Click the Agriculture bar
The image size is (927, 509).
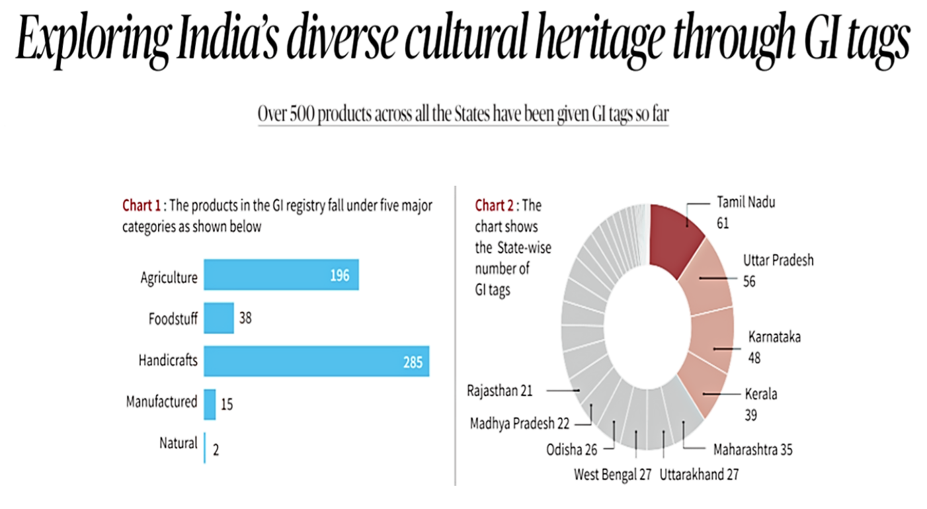coord(281,274)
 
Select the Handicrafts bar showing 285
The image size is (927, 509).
coord(316,361)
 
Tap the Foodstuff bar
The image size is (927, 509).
coord(219,318)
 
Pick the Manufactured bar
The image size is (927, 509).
coord(210,404)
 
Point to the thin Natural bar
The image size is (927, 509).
coord(205,448)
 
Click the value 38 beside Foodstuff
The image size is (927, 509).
coord(245,318)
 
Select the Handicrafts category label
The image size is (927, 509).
coord(167,361)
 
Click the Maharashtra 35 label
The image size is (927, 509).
coord(752,450)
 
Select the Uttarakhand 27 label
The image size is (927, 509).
coord(699,474)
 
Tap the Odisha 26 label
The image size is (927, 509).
coord(571,450)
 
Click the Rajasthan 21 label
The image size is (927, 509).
coord(499,390)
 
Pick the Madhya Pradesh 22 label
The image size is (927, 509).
coord(519,424)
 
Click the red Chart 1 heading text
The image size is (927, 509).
coord(141,206)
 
